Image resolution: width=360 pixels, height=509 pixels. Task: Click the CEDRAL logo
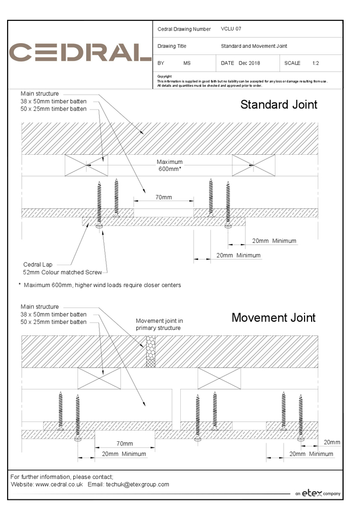pos(80,52)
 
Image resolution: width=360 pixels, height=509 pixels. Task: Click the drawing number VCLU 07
pos(231,29)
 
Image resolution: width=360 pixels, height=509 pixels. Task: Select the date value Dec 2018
pos(249,63)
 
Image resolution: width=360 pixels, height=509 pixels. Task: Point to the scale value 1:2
pos(316,63)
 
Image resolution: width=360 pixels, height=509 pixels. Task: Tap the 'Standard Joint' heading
pos(279,105)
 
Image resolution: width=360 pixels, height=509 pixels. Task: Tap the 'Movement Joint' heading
pos(273,318)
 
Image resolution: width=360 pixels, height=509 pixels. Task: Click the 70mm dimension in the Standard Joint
pos(163,197)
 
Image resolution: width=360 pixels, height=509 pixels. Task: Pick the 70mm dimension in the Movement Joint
pos(124,444)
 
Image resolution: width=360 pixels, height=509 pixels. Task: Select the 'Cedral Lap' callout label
pos(38,265)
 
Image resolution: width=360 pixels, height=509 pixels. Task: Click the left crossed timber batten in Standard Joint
pos(87,165)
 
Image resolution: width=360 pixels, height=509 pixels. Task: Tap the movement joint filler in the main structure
pos(150,351)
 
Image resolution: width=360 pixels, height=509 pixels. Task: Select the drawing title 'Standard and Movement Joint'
pos(254,46)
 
